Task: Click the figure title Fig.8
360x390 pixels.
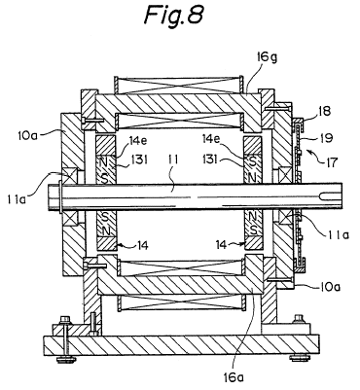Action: tap(173, 15)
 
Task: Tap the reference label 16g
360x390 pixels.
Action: tap(266, 58)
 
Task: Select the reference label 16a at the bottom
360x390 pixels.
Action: tap(234, 376)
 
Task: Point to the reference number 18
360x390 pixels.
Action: tap(324, 111)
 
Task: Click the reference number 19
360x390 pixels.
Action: tap(326, 138)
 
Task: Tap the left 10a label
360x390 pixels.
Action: tap(28, 133)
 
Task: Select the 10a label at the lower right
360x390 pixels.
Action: tap(330, 287)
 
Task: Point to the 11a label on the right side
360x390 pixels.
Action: tap(339, 234)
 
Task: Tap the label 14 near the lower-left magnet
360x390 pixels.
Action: tap(142, 245)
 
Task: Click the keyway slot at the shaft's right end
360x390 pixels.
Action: tap(330, 196)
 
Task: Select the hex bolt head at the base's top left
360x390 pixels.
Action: tap(65, 319)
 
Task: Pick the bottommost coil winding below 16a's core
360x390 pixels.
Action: tap(182, 303)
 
